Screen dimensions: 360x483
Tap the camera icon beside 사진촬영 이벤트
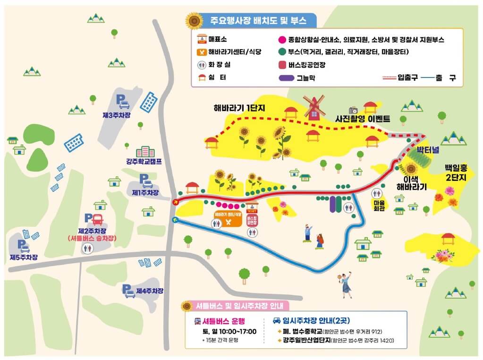pyautogui.click(x=353, y=110)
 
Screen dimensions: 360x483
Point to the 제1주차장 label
pyautogui.click(x=145, y=193)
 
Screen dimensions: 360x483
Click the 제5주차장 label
pyautogui.click(x=24, y=257)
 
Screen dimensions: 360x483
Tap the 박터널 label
pyautogui.click(x=428, y=150)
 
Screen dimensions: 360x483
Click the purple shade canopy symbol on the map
pyautogui.click(x=336, y=205)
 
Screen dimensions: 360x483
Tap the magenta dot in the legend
pyautogui.click(x=282, y=40)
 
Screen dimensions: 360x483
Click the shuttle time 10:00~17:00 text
pyautogui.click(x=229, y=331)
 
